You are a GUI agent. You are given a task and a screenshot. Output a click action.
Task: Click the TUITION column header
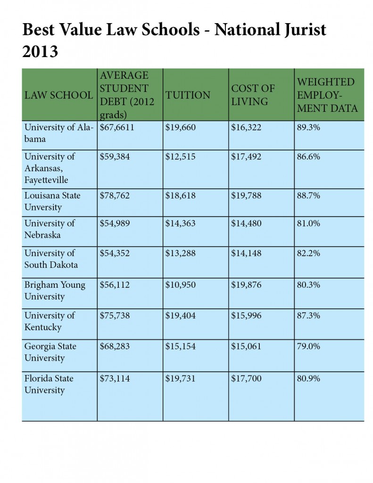click(x=188, y=95)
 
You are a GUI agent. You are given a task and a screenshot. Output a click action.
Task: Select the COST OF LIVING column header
click(x=253, y=95)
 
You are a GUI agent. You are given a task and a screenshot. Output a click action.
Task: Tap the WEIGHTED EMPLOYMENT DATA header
click(x=327, y=95)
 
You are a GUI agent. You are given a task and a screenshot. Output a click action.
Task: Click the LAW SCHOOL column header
click(x=58, y=95)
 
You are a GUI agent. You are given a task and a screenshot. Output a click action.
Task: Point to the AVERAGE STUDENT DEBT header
click(x=127, y=95)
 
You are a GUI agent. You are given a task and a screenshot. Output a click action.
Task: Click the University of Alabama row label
click(x=58, y=133)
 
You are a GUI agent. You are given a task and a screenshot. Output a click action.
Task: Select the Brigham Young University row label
click(x=55, y=291)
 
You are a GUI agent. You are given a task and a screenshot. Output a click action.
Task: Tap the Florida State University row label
click(x=49, y=384)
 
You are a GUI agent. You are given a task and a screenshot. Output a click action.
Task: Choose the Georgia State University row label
click(x=50, y=352)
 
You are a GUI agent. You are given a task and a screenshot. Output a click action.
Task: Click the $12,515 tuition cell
click(x=180, y=157)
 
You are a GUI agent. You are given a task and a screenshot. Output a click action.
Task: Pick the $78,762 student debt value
click(x=115, y=196)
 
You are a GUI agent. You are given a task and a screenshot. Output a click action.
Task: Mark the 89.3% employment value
click(x=308, y=127)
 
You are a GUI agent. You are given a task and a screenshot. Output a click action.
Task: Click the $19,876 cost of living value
click(x=246, y=284)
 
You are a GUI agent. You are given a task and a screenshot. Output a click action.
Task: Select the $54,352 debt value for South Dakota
click(x=115, y=253)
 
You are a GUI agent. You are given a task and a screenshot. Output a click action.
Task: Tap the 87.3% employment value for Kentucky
click(x=308, y=316)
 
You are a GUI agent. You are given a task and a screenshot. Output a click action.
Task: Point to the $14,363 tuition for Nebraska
click(x=180, y=223)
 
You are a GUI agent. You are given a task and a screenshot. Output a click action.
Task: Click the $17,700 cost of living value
click(x=246, y=378)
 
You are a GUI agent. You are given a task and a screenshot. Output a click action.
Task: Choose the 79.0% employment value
click(x=308, y=346)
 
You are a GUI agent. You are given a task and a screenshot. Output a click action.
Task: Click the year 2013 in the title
click(x=40, y=51)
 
